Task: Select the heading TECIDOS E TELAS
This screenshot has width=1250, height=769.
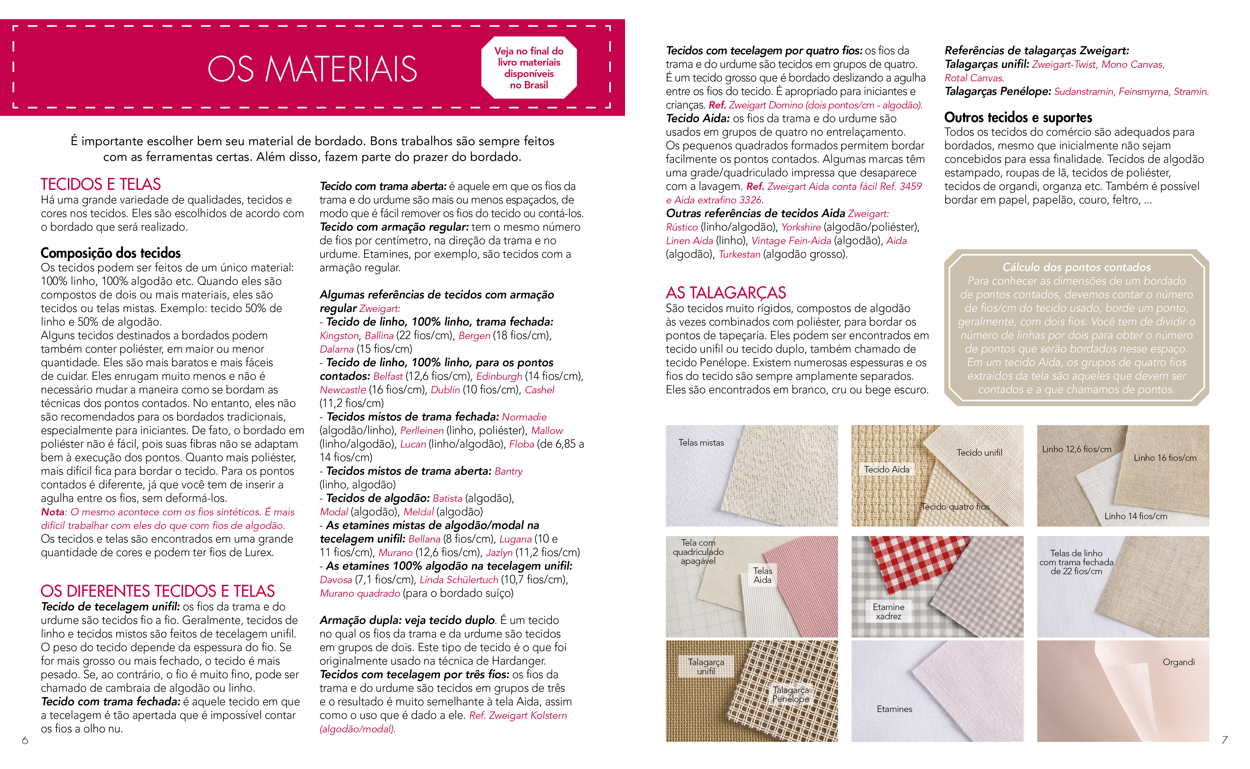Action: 101,184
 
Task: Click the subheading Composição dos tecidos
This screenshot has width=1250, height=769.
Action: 110,253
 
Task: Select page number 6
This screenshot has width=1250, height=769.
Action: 24,741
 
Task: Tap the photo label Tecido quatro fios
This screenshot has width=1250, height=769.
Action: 956,507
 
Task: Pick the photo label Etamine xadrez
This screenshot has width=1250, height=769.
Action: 888,611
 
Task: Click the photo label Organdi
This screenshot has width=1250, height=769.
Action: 1178,662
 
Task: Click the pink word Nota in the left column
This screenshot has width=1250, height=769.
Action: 53,512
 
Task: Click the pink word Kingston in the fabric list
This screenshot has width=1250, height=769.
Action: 339,336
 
